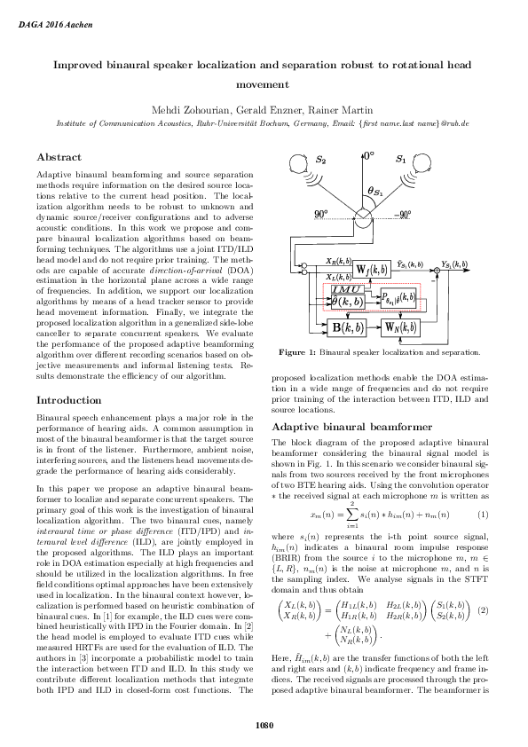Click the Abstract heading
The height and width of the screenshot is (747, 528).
(59, 157)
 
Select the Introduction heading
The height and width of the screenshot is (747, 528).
(69, 400)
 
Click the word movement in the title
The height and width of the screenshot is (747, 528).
(264, 85)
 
